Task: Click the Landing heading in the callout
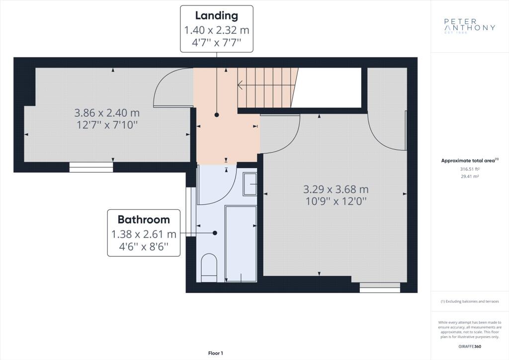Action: tap(217, 15)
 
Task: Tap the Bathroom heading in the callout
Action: tap(144, 219)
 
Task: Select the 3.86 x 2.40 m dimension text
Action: tap(107, 113)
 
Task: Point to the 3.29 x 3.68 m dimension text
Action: tap(336, 189)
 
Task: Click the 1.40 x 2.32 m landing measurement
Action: tap(217, 30)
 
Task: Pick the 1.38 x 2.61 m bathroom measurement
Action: tap(144, 234)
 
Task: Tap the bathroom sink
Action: tap(250, 184)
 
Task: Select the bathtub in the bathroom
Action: tap(241, 244)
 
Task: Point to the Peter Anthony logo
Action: tap(469, 26)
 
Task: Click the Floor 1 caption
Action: tap(216, 353)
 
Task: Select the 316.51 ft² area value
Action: tap(470, 169)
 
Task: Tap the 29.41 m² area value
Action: tap(470, 177)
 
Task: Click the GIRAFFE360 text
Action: tap(470, 347)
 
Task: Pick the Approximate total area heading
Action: tap(469, 161)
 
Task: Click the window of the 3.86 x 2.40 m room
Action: tap(91, 167)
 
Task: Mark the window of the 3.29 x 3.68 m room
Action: tap(380, 287)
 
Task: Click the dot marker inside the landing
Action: tap(217, 115)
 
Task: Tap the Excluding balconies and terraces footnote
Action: tap(470, 301)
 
